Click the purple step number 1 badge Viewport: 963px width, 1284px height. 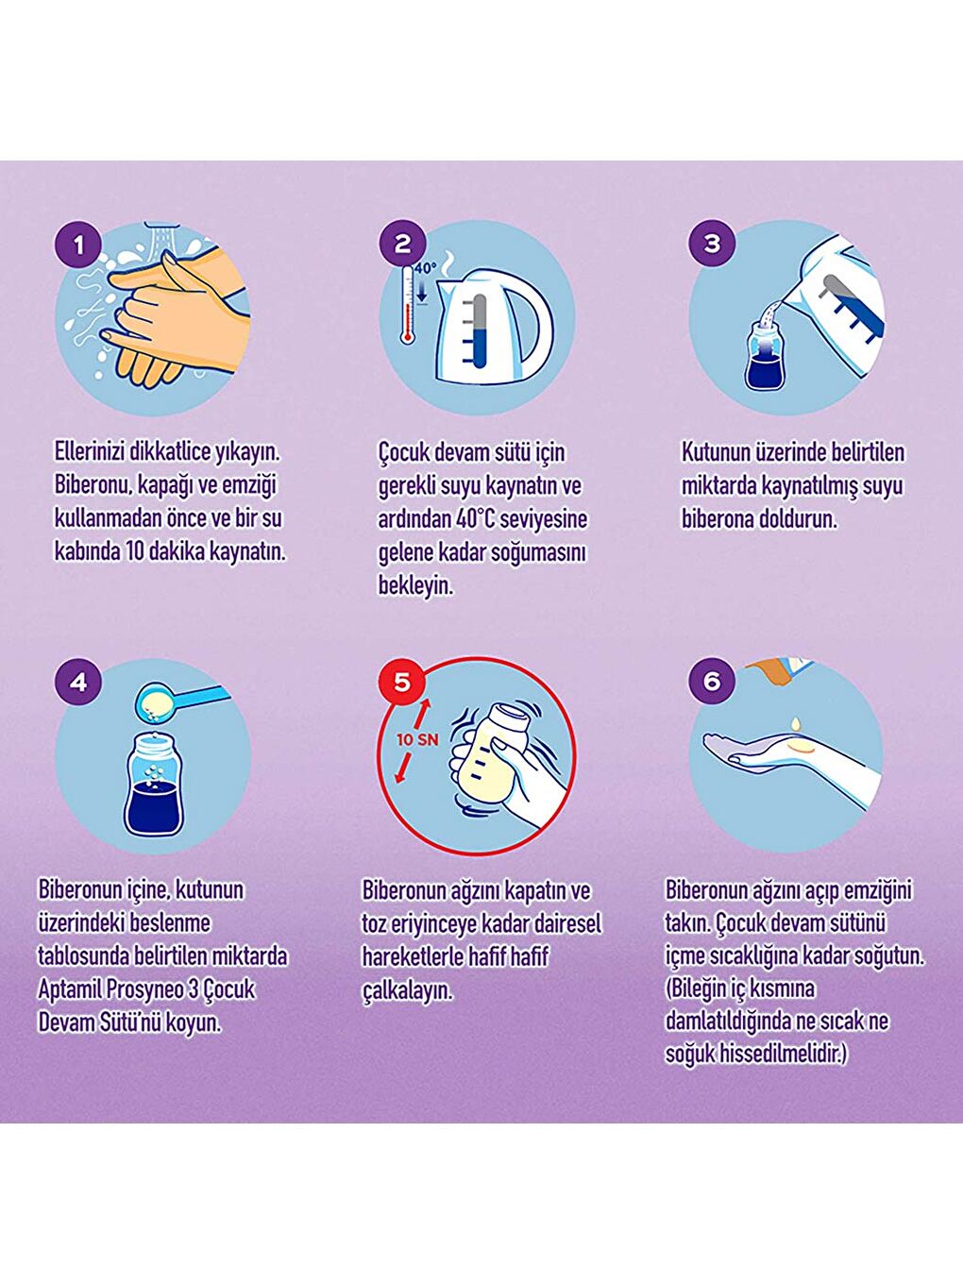coord(79,245)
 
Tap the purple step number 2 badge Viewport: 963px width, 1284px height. coord(402,245)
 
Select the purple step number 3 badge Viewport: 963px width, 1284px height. coord(712,244)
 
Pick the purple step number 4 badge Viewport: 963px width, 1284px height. coord(79,683)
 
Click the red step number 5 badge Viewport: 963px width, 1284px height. coord(402,682)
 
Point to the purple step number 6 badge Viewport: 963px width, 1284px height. coord(712,681)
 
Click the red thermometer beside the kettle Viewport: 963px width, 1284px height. coord(408,303)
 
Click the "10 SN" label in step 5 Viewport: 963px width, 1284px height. coord(417,740)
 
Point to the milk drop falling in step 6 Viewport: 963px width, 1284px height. coord(795,723)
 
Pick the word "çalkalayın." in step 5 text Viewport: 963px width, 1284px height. coord(408,992)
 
